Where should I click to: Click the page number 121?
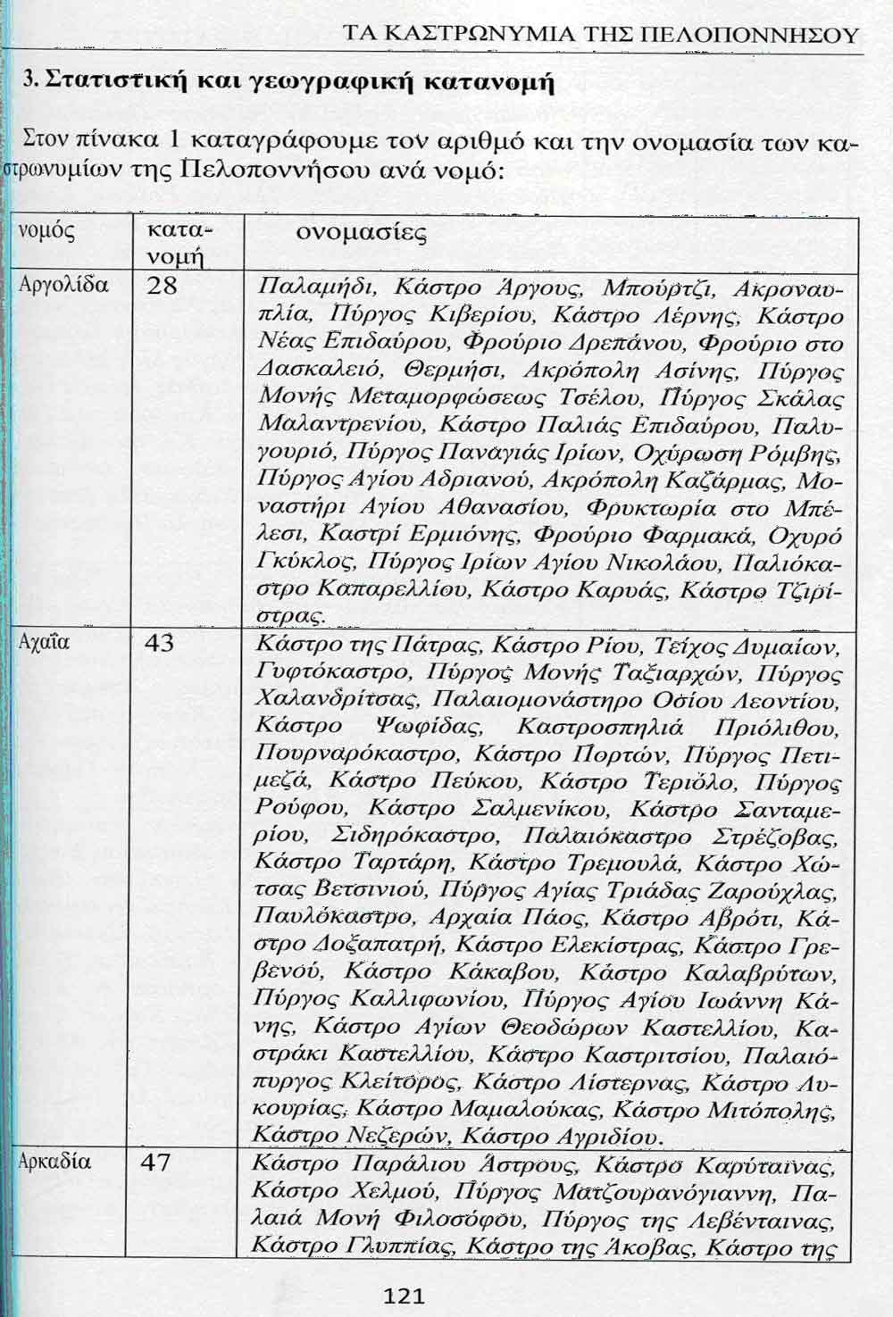coord(404,1296)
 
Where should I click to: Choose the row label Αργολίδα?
coord(64,286)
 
